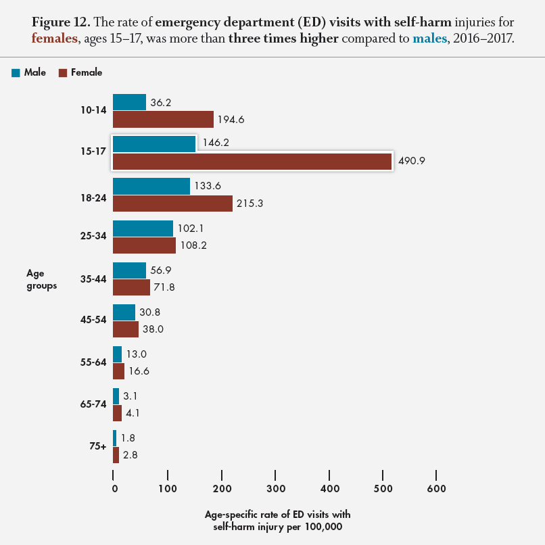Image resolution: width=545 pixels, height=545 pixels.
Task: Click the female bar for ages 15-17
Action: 252,162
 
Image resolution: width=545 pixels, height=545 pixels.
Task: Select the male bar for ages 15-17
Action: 154,144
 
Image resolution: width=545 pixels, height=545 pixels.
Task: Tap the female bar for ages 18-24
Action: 172,204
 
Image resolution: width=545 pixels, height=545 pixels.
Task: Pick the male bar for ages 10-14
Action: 129,102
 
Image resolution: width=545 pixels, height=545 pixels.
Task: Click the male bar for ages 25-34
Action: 143,229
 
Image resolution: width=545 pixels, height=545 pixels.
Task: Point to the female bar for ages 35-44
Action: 131,287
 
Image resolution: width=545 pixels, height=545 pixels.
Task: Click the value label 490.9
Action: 411,162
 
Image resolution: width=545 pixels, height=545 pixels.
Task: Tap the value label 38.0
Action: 155,329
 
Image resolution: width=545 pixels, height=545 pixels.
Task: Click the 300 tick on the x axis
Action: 275,488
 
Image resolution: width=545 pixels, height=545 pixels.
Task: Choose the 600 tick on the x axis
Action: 437,488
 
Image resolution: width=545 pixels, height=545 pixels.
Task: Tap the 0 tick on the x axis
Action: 114,488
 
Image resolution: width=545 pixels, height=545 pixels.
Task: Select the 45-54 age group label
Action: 92,321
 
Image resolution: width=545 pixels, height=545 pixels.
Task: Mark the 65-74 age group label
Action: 92,405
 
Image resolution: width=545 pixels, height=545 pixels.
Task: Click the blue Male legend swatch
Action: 16,72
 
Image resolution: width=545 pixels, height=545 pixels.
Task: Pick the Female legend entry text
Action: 86,72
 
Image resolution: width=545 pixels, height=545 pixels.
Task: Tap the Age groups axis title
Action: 41,279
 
